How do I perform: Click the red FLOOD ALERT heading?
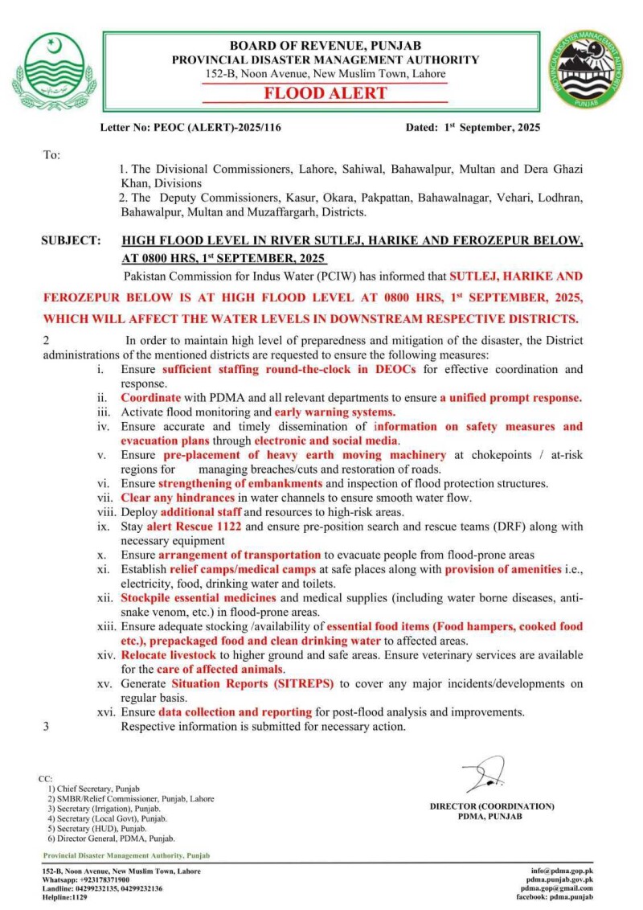(x=326, y=93)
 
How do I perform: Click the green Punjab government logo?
(x=54, y=72)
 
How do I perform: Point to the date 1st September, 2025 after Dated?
(x=492, y=127)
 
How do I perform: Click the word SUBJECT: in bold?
(x=72, y=240)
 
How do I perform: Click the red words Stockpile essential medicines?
(x=198, y=598)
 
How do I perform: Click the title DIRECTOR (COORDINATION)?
(x=492, y=805)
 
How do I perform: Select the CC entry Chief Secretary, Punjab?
(x=92, y=789)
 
